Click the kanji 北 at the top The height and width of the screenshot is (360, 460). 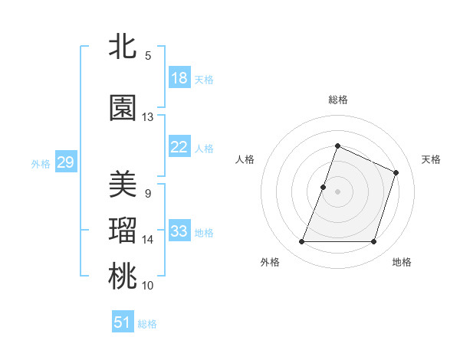click(123, 47)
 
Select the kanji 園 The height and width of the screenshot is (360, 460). click(123, 108)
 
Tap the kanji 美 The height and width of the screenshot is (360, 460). click(123, 184)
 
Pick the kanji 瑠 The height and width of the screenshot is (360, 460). click(123, 231)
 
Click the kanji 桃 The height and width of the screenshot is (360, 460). click(123, 277)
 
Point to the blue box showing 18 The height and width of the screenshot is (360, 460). click(179, 78)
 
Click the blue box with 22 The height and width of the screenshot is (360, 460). click(179, 148)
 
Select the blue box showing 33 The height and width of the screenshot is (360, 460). click(179, 232)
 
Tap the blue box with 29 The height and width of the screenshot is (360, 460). click(65, 162)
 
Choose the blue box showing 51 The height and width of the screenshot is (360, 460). click(123, 322)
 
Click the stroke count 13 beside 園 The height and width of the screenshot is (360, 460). click(147, 117)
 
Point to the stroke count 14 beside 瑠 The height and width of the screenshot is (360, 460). click(147, 240)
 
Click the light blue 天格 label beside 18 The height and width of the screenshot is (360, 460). click(204, 79)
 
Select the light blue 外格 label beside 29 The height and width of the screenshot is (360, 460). click(41, 163)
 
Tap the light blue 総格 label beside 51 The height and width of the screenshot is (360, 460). click(147, 323)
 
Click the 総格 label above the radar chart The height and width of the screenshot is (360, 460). click(338, 100)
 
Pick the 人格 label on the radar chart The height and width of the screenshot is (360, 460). click(245, 159)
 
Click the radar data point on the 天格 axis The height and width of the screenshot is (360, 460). click(396, 172)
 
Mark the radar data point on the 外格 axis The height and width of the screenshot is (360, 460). click(301, 242)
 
